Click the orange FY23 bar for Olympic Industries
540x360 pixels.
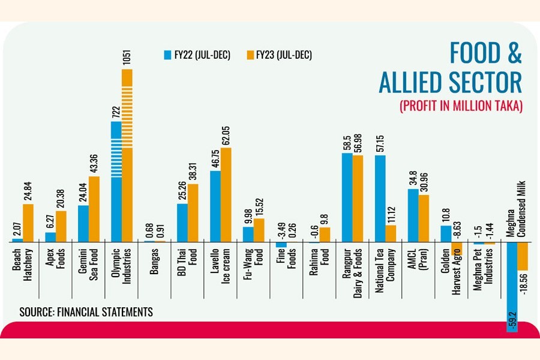pyautogui.click(x=127, y=156)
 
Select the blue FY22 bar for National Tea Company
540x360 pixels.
pyautogui.click(x=380, y=198)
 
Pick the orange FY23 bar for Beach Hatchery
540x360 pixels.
pyautogui.click(x=28, y=223)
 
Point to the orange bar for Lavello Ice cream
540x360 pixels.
pyautogui.click(x=226, y=194)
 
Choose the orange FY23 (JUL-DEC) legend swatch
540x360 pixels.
pyautogui.click(x=249, y=55)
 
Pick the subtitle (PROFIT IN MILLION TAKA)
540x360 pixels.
pyautogui.click(x=461, y=106)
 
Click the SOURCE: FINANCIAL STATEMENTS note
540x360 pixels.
pyautogui.click(x=86, y=312)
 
